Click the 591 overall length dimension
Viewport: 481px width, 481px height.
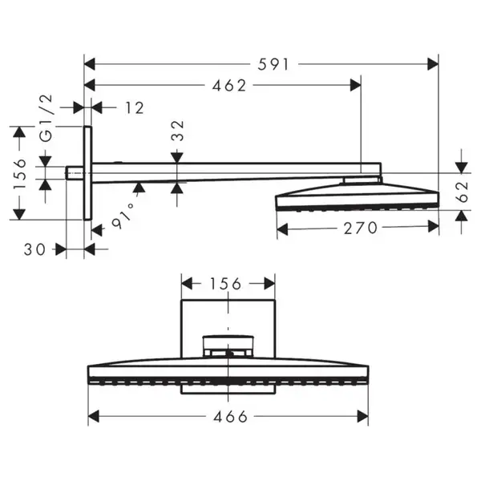tap(273, 65)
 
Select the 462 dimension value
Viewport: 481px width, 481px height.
tap(229, 86)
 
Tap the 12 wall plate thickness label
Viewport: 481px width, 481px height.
tap(135, 108)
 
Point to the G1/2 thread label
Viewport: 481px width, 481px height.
tap(46, 119)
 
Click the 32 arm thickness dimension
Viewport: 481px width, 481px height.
tap(178, 131)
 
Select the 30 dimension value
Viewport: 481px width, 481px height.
tap(34, 249)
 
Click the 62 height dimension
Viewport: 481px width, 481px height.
tap(463, 192)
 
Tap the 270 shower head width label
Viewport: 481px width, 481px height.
tap(360, 228)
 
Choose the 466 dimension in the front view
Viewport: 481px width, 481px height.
tap(230, 417)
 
